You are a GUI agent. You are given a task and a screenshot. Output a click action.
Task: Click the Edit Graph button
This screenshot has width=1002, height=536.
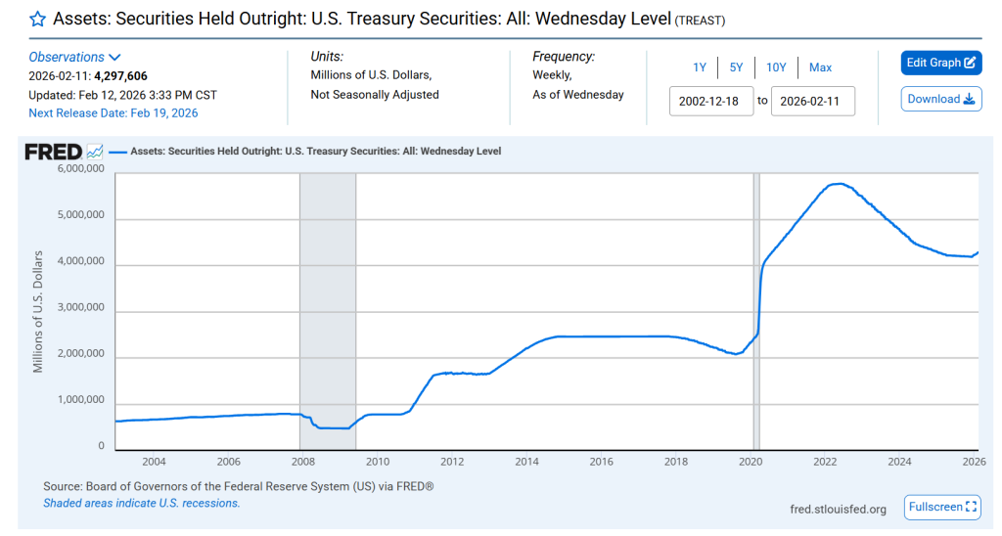click(940, 63)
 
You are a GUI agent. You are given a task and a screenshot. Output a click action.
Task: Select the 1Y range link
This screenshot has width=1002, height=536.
click(700, 67)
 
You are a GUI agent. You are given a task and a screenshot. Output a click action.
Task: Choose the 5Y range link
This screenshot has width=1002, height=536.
click(736, 67)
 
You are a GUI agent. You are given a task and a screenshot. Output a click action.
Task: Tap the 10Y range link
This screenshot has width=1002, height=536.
click(776, 67)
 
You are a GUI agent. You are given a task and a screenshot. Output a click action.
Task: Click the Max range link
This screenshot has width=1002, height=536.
click(820, 67)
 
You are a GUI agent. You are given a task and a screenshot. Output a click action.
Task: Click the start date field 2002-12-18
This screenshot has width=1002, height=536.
click(711, 101)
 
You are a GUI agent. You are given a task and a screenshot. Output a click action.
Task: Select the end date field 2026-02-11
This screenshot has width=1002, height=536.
click(812, 101)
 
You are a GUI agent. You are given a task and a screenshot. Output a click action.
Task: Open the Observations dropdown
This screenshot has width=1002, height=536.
click(74, 57)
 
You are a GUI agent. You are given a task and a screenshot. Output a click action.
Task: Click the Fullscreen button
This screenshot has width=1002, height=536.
click(942, 507)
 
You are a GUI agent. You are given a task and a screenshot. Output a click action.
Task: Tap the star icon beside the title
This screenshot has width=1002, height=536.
click(38, 20)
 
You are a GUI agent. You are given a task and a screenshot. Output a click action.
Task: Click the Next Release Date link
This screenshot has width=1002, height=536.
click(113, 113)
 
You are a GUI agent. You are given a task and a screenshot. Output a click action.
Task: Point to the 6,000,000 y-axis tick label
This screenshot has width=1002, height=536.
click(75, 169)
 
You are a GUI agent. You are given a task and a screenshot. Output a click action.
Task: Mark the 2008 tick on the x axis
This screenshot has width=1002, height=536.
click(302, 462)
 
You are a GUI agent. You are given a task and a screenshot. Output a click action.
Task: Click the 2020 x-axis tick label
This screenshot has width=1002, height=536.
click(751, 462)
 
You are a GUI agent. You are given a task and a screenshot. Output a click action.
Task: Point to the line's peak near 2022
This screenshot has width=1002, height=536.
click(838, 183)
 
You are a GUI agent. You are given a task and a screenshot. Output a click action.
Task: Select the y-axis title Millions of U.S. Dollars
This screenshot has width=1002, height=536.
click(39, 311)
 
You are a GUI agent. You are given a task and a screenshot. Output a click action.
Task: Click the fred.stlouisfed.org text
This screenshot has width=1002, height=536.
click(838, 509)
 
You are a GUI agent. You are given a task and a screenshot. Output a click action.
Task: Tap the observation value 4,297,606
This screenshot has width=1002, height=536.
click(120, 75)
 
